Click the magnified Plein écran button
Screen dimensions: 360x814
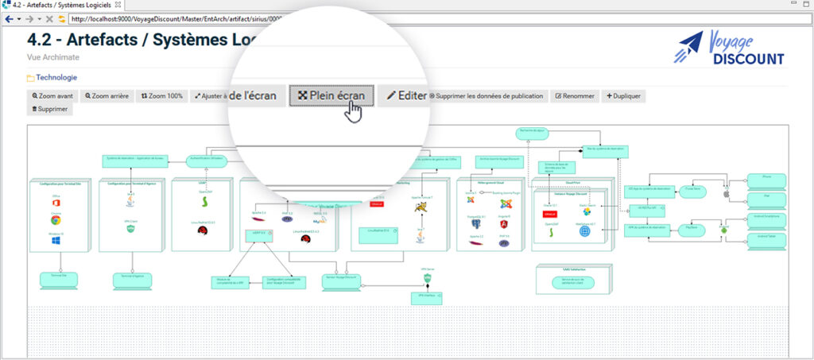click(331, 95)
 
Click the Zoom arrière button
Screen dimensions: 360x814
click(107, 96)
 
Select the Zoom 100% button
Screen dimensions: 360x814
click(162, 96)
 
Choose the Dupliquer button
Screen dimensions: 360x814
click(624, 96)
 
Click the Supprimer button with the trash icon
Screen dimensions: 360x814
click(50, 109)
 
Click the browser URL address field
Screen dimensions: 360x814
click(175, 18)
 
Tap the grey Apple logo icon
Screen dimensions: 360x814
click(725, 193)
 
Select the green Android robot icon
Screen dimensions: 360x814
click(723, 229)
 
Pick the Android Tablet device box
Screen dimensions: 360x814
click(766, 235)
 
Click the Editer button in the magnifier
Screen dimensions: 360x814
click(406, 95)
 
